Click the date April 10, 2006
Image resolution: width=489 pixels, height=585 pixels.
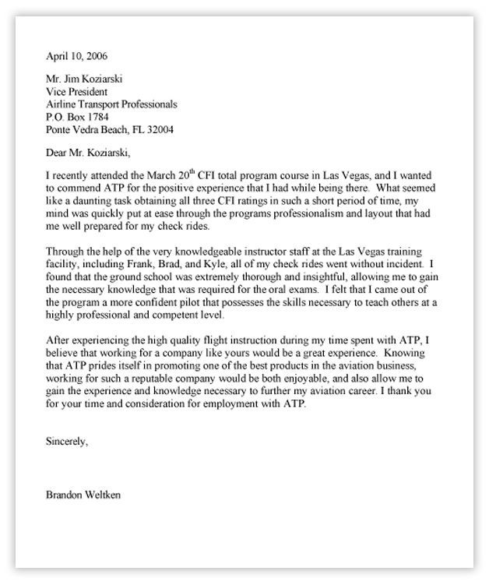coord(77,57)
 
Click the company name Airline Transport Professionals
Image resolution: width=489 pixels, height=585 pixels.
coord(112,104)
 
